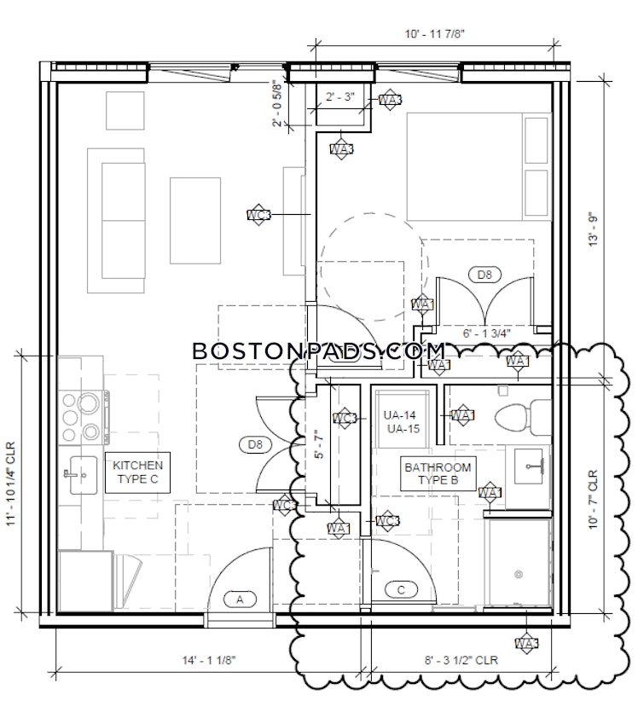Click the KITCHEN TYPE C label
[x=138, y=472]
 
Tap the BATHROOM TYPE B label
[x=438, y=475]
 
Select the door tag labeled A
[x=240, y=600]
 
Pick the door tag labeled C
[x=401, y=588]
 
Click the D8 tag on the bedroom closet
[x=484, y=275]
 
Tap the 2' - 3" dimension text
[x=340, y=97]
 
